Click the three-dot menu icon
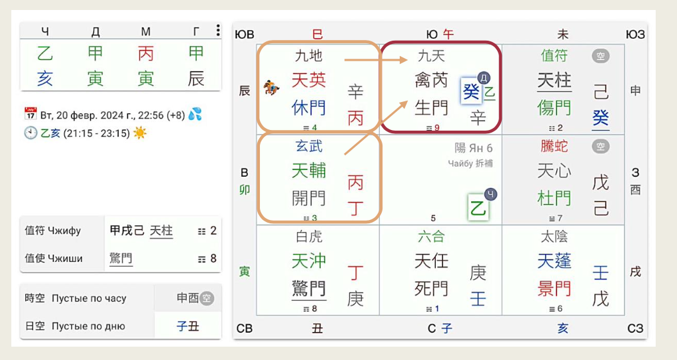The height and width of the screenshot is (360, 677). coord(218,31)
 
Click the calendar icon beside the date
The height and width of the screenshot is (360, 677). coord(30,114)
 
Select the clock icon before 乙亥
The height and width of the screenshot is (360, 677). coord(30,133)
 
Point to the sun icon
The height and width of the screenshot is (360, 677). coord(139,133)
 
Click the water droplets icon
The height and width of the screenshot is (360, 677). coord(195,114)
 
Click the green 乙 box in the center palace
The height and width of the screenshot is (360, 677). coord(478,207)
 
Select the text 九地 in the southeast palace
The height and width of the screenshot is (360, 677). coord(309,56)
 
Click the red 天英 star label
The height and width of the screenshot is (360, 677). coord(309,80)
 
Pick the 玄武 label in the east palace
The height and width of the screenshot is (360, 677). coord(309,146)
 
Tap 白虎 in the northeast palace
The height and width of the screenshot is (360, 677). coord(309,236)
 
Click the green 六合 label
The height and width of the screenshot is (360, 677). coord(431,236)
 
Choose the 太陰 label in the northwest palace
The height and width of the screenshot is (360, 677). coord(554,236)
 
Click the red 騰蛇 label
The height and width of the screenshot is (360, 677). coord(554,146)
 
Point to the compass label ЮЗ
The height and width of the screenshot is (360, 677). coord(635,34)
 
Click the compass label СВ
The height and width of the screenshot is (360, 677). coord(245,328)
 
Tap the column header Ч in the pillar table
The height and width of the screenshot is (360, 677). coord(45,31)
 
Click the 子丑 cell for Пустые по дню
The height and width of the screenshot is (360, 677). coord(187,326)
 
